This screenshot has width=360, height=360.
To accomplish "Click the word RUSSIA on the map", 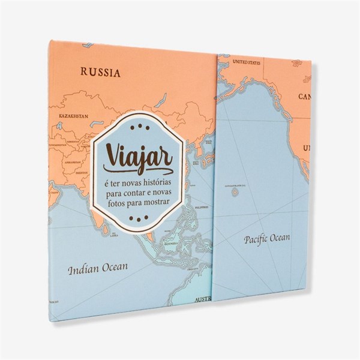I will click(101, 73).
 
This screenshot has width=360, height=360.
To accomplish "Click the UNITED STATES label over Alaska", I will click(247, 61).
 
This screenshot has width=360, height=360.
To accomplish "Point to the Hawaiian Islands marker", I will click(235, 191).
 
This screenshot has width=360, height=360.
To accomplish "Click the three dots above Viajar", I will click(137, 127).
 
